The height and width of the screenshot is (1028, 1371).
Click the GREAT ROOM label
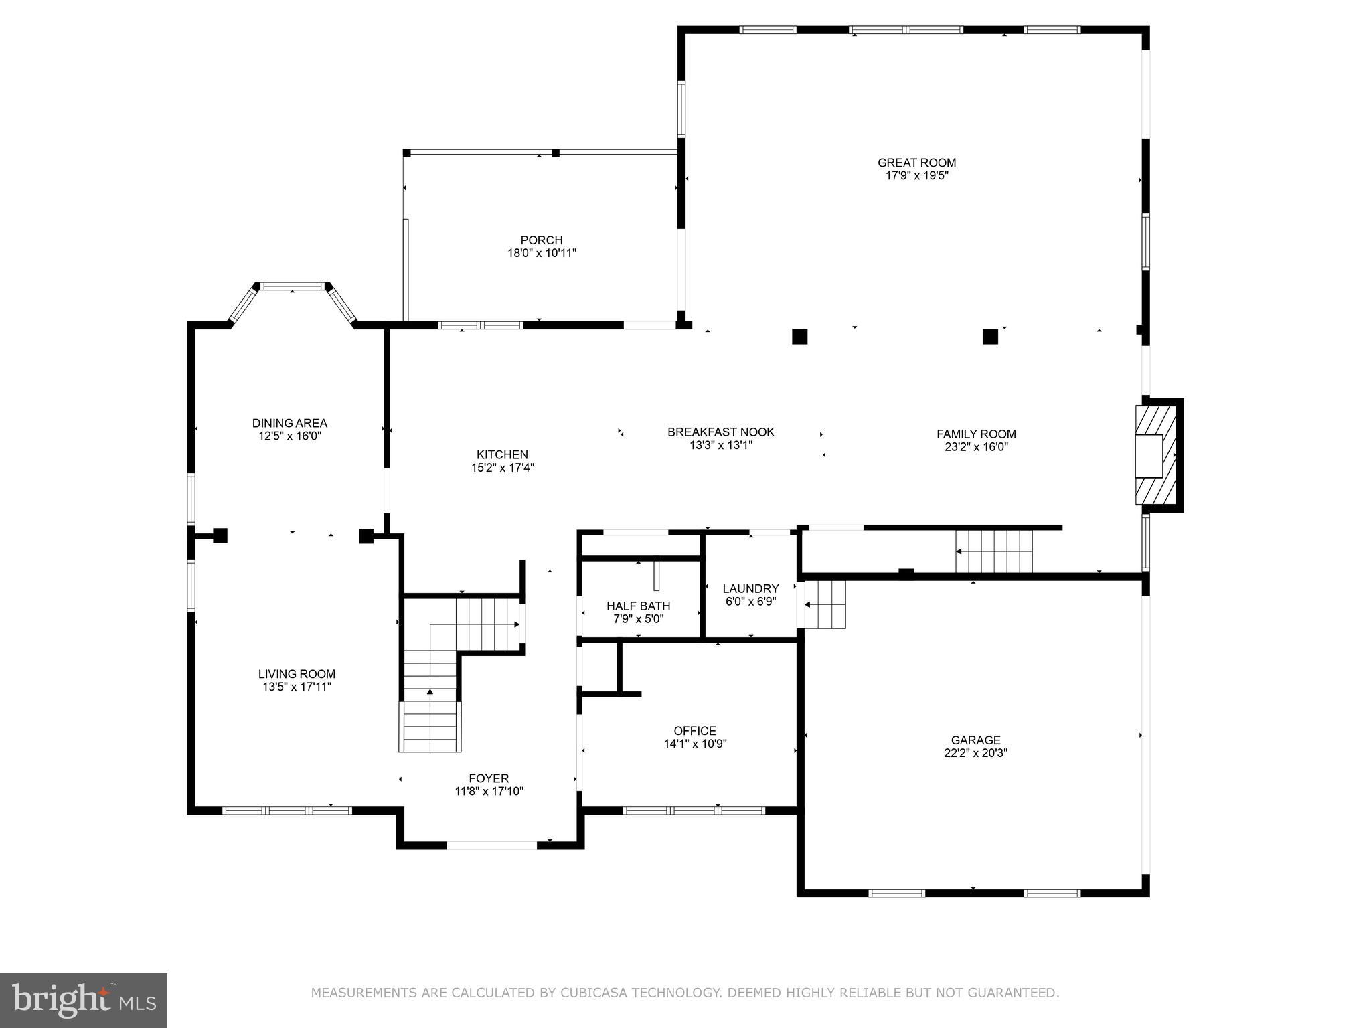[x=916, y=163]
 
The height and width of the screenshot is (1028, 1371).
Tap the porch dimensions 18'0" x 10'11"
[x=542, y=254]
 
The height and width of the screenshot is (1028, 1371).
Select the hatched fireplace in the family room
[x=1156, y=455]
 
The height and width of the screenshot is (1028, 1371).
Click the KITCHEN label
[x=502, y=455]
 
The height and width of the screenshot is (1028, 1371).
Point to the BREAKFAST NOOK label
[x=720, y=432]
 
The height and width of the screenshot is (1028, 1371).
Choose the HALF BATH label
[x=638, y=606]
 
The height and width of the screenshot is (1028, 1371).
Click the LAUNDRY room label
[x=750, y=589]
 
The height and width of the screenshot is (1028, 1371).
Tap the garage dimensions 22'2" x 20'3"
[x=975, y=753]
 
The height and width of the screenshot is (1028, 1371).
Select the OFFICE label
[x=695, y=732]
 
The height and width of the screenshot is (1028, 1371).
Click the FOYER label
[x=489, y=779]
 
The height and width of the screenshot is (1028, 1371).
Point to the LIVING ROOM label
[x=297, y=675]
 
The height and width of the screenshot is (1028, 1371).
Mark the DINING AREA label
[x=289, y=424]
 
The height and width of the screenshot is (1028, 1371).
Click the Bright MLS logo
[x=84, y=1001]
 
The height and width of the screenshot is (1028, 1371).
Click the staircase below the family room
[x=994, y=551]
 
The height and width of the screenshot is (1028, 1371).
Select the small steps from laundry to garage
[x=825, y=605]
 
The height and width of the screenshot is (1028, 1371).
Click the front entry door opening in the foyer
[x=491, y=845]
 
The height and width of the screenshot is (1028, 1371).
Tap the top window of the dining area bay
[x=293, y=286]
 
